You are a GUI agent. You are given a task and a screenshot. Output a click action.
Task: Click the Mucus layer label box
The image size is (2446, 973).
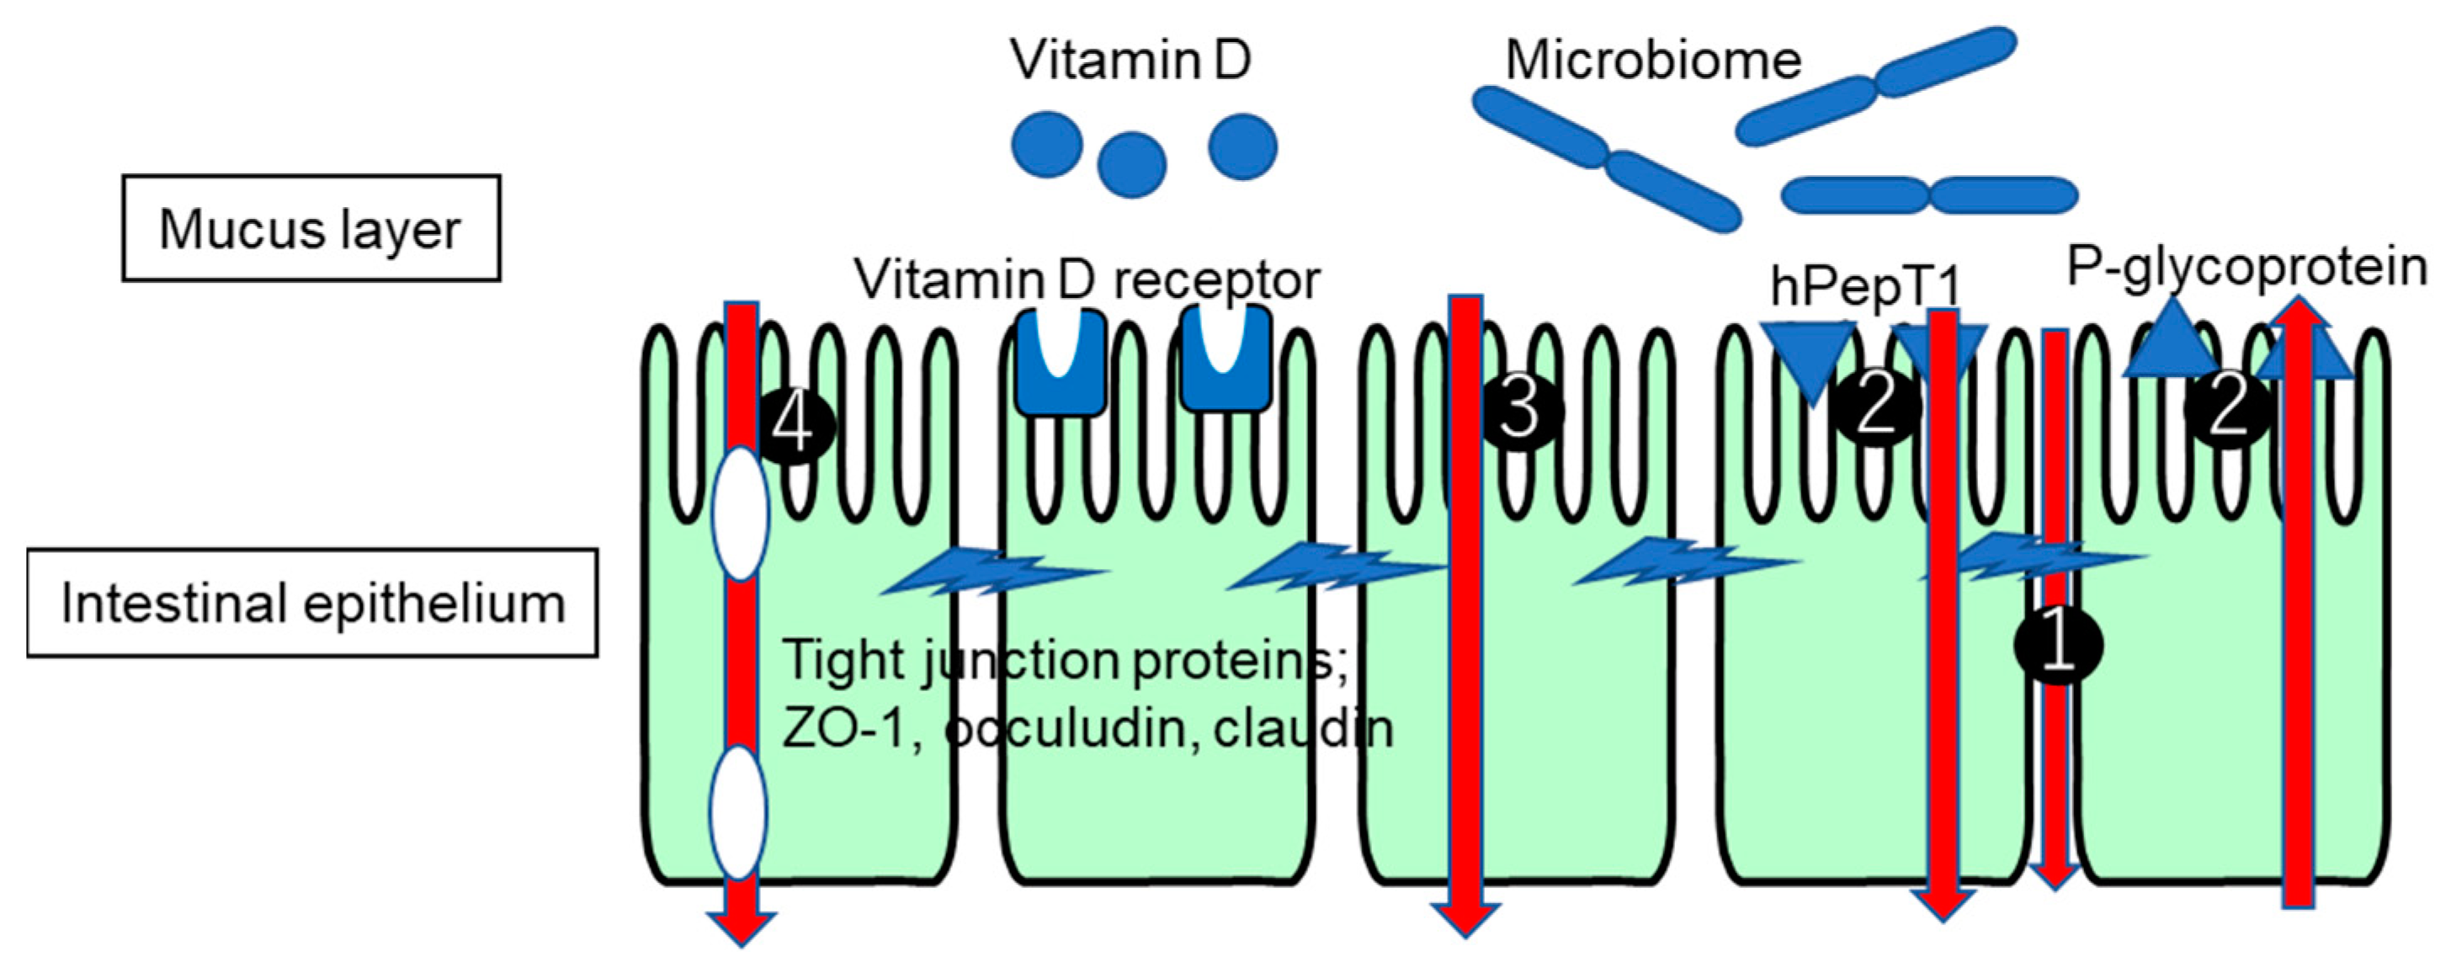coord(311,228)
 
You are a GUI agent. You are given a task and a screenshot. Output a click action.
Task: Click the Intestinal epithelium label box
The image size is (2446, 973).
coord(311,603)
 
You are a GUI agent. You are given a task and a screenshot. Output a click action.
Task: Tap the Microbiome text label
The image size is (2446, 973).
coord(1653,60)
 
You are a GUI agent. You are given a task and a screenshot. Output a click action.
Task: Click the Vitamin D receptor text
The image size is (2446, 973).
coord(1087,279)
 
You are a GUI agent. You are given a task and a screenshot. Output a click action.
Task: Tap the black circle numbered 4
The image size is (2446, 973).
coord(795,424)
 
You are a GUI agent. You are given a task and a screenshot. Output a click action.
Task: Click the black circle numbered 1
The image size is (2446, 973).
coord(2058,645)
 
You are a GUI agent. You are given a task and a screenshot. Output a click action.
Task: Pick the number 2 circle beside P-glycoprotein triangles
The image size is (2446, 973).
coord(2228,409)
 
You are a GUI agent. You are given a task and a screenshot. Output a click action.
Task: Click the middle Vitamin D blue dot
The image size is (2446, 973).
coord(1131,165)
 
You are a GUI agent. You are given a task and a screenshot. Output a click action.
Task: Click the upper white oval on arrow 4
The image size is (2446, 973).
coord(740,514)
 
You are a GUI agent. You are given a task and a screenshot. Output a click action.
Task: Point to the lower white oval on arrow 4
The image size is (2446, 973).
coord(738,812)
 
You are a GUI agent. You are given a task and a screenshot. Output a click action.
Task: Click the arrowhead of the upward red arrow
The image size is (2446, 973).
coord(2298,313)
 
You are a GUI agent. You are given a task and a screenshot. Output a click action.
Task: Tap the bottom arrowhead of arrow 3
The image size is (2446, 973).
coord(1465,919)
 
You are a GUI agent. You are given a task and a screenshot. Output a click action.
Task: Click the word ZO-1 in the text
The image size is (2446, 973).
coord(848,730)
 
